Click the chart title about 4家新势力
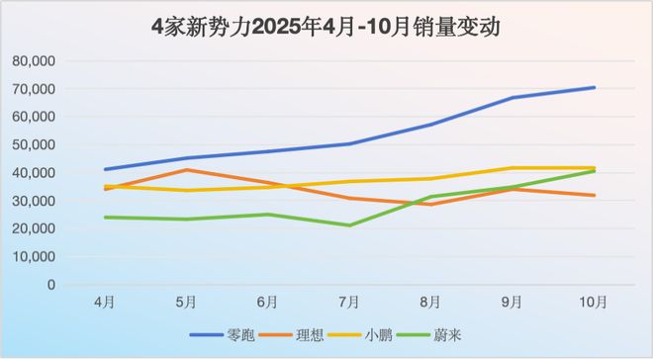click(326, 27)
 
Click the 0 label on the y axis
click(49, 285)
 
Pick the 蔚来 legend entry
click(446, 334)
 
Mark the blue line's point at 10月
click(594, 87)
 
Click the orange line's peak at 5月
click(186, 169)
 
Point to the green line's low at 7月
click(349, 225)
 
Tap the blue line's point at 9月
click(513, 97)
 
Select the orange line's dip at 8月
click(430, 204)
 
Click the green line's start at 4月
click(105, 217)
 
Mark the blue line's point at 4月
click(105, 169)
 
